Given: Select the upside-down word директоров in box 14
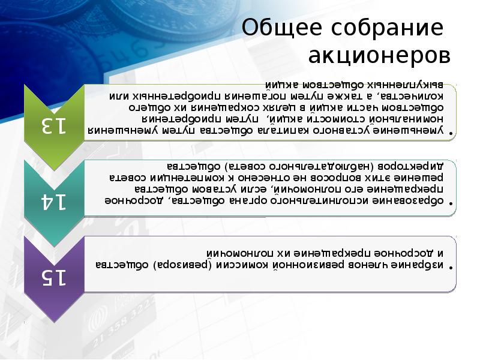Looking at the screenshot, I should tap(414, 164).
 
